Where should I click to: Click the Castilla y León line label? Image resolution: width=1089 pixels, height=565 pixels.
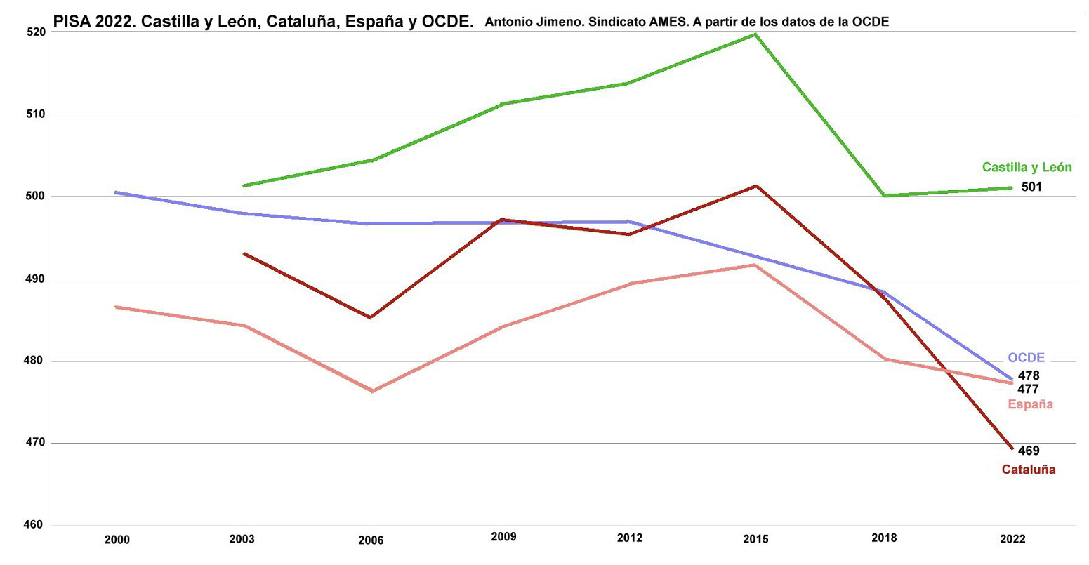(1027, 167)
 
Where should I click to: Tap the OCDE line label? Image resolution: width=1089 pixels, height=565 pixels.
(1026, 358)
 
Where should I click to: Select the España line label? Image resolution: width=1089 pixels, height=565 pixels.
(1030, 404)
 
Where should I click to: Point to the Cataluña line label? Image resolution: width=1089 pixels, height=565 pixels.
(1028, 470)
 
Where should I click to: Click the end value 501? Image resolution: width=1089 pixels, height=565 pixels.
(1031, 187)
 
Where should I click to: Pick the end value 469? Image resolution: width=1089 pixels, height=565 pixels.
(1029, 451)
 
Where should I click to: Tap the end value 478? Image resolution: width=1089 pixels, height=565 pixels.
(1029, 376)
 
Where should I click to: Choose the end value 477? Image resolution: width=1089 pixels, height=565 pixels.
(1028, 390)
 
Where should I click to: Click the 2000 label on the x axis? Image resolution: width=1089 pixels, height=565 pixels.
(117, 540)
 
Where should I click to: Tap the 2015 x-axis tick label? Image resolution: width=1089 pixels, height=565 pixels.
(755, 540)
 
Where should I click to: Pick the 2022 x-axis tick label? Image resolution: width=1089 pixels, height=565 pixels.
(1012, 539)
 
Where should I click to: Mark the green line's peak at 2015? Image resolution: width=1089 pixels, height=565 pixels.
(755, 34)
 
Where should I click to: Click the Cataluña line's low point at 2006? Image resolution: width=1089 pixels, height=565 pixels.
(371, 317)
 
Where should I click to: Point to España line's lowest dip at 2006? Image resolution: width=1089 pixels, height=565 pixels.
(371, 391)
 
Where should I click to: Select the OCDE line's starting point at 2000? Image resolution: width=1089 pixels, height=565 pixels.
(116, 192)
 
